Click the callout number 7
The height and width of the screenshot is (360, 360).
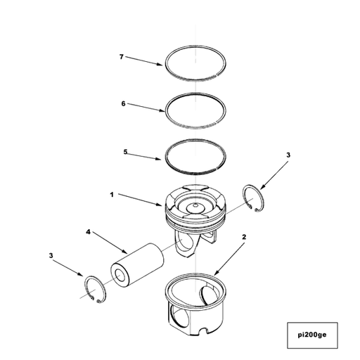click(x=121, y=56)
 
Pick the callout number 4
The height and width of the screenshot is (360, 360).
click(x=88, y=231)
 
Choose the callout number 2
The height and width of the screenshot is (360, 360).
click(x=243, y=238)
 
